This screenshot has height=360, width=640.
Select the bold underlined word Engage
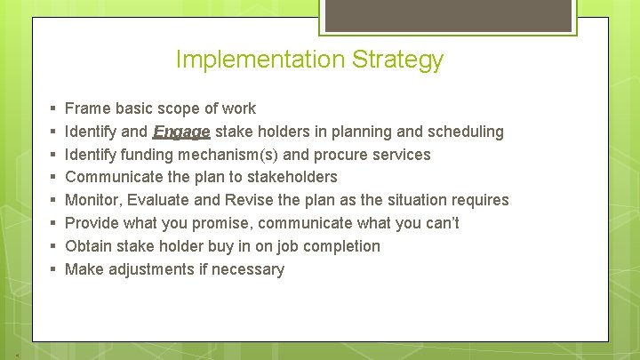pos(181,132)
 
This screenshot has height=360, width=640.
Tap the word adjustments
pos(151,269)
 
